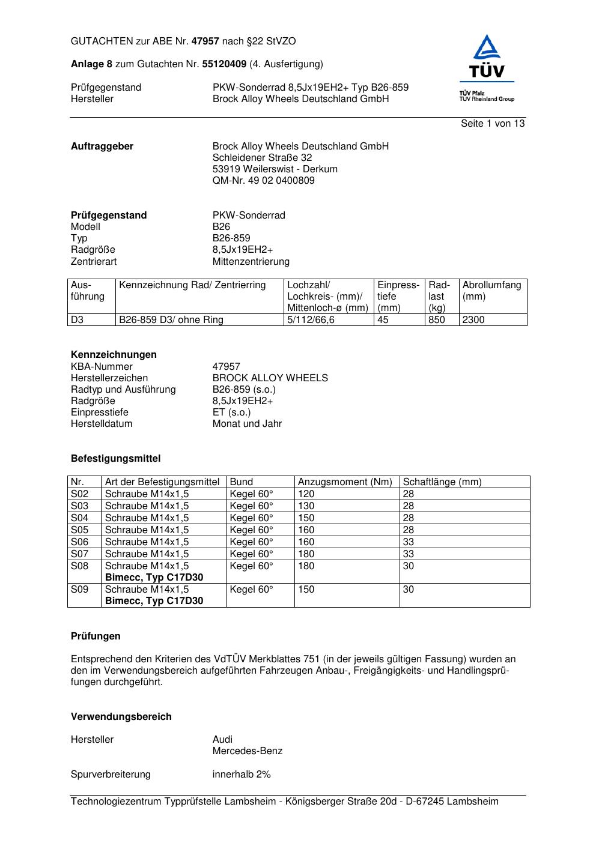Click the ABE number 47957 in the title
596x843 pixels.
pyautogui.click(x=205, y=41)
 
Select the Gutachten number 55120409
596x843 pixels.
pyautogui.click(x=224, y=64)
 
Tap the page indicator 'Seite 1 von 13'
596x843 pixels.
pyautogui.click(x=493, y=124)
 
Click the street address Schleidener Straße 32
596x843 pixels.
pyautogui.click(x=262, y=158)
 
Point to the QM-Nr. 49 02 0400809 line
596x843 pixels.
pyautogui.click(x=263, y=181)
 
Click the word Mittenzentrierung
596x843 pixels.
pyautogui.click(x=251, y=262)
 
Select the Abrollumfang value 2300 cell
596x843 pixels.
pyautogui.click(x=473, y=320)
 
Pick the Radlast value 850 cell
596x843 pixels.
pyautogui.click(x=437, y=320)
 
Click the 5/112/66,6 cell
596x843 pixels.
pyautogui.click(x=311, y=320)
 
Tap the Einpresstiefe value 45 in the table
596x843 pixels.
pyautogui.click(x=383, y=320)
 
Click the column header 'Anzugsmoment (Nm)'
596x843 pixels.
pyautogui.click(x=345, y=482)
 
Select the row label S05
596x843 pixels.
pyautogui.click(x=79, y=530)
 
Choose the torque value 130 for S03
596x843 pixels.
pyautogui.click(x=306, y=506)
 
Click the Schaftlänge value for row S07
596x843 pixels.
pyautogui.click(x=408, y=554)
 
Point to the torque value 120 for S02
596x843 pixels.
pyautogui.click(x=306, y=494)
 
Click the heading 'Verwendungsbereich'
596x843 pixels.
pyautogui.click(x=121, y=717)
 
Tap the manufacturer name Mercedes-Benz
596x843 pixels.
pyautogui.click(x=247, y=751)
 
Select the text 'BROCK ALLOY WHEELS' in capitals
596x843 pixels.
pyautogui.click(x=270, y=378)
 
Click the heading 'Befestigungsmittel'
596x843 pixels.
pyautogui.click(x=115, y=459)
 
